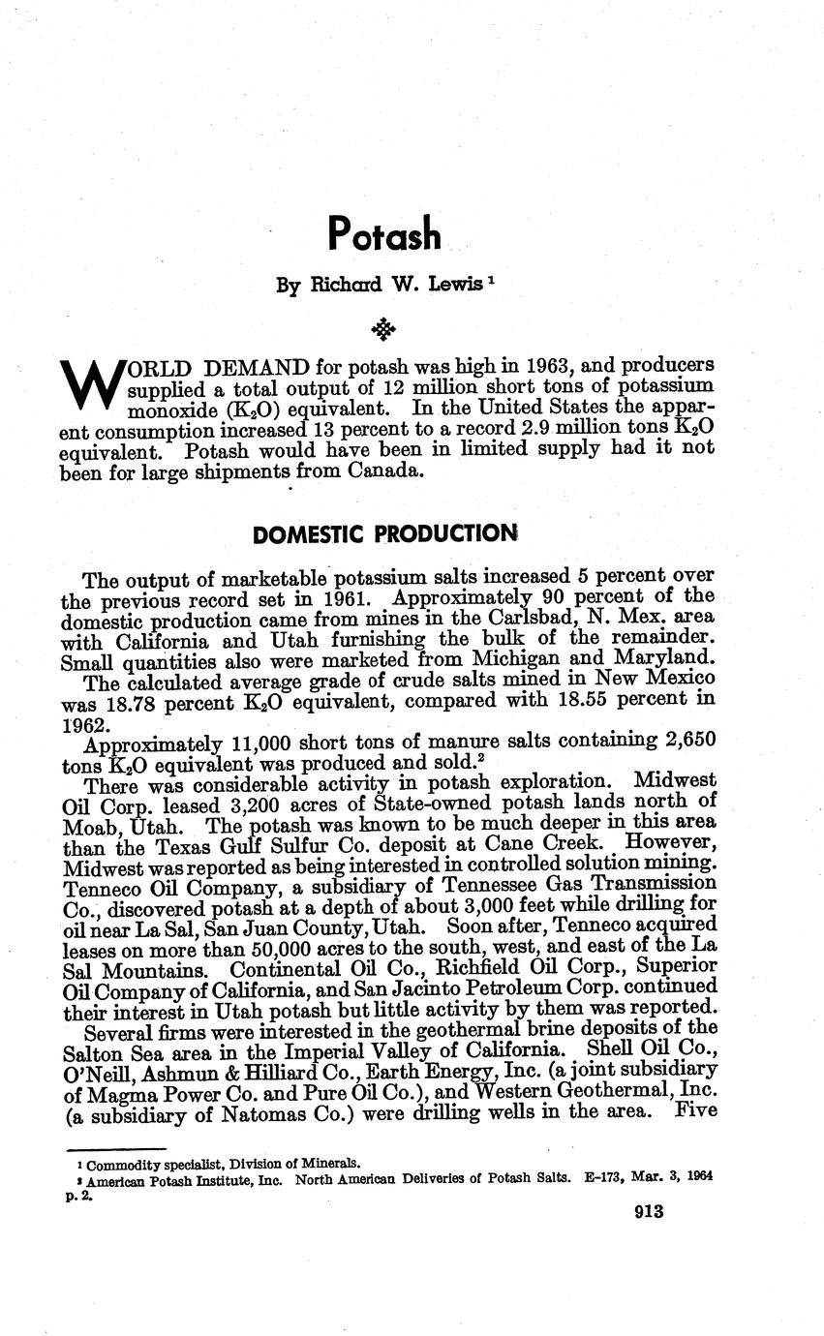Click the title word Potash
click(x=384, y=233)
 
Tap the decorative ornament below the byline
click(x=384, y=330)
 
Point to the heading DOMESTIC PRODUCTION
click(x=384, y=533)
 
